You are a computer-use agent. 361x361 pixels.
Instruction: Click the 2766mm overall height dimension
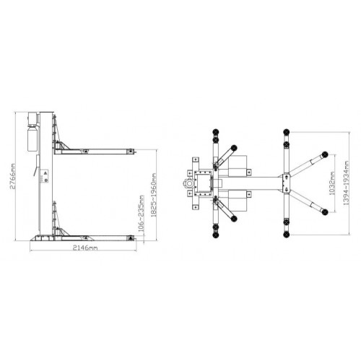[x=13, y=176]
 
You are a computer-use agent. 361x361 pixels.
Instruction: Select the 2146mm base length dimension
[x=85, y=248]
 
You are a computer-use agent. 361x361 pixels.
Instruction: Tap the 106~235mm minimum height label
[x=142, y=214]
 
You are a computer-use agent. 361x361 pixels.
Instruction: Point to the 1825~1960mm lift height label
[x=154, y=195]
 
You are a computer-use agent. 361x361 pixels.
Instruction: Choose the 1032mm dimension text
[x=331, y=183]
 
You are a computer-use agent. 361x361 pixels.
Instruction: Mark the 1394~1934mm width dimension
[x=346, y=183]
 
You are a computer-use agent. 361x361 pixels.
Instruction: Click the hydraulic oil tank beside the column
[x=32, y=139]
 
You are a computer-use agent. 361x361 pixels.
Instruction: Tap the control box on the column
[x=45, y=176]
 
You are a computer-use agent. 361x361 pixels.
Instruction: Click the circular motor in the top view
[x=189, y=183]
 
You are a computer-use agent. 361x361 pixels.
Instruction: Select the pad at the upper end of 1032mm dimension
[x=325, y=155]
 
